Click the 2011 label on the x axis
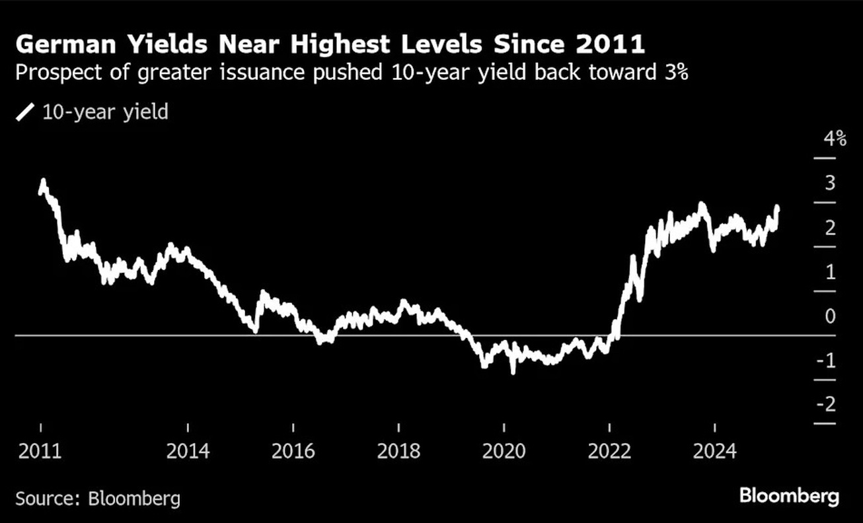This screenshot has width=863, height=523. coord(40,451)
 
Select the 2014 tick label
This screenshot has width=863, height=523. coord(188,451)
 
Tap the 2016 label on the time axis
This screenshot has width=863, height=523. coord(293,451)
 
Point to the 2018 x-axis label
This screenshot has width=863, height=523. coord(398,451)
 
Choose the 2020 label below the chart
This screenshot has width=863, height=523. coord(504,451)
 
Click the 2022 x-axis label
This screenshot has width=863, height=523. coord(609,451)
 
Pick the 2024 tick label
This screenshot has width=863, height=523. coord(715,451)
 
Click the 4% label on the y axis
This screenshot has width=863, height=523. coord(834,139)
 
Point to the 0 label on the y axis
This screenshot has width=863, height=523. coord(830,316)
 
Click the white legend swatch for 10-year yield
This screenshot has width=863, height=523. coord(25,112)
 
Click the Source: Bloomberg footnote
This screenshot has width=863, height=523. coord(98,497)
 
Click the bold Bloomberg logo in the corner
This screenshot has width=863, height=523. coord(789,496)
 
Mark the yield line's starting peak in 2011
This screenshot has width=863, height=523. coord(43,180)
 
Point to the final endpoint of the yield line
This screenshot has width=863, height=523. coord(777,208)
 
